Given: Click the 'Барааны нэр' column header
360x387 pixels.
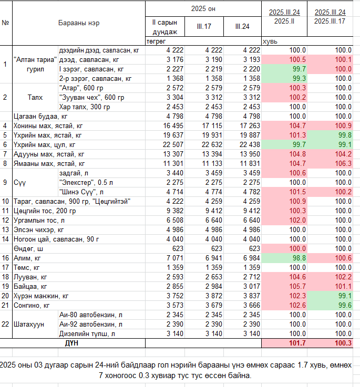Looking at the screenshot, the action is tap(79, 23).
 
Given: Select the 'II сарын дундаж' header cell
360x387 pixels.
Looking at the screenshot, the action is tap(165, 27).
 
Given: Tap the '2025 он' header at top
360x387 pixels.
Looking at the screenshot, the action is tap(203, 8).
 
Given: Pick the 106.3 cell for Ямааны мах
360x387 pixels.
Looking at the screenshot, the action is tap(343, 163).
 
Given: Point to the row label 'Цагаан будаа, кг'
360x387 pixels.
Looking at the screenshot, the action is tap(40, 117).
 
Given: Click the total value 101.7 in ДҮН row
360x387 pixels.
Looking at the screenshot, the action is tap(297, 343).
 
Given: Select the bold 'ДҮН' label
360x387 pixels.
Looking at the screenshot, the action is tap(71, 343).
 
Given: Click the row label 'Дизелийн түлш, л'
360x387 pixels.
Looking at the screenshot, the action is tap(87, 333).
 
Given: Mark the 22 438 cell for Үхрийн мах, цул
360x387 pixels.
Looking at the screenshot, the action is tap(250, 144).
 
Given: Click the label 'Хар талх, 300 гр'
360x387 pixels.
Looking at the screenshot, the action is tap(85, 107).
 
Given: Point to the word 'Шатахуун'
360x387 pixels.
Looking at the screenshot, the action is tap(29, 325).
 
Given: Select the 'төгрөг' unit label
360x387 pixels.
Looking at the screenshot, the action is tap(156, 41).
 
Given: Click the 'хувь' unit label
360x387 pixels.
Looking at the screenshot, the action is tap(270, 41).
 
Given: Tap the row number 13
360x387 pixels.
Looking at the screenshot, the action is tap(5, 230).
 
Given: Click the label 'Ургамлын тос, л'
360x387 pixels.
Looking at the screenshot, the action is tap(39, 221).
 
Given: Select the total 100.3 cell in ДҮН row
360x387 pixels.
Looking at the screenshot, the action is tap(343, 343).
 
